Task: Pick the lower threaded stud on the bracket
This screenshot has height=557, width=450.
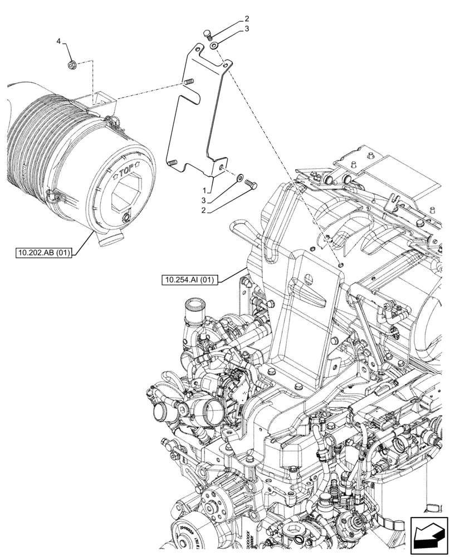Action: click(171, 163)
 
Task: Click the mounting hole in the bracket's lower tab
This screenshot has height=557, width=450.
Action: click(221, 166)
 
